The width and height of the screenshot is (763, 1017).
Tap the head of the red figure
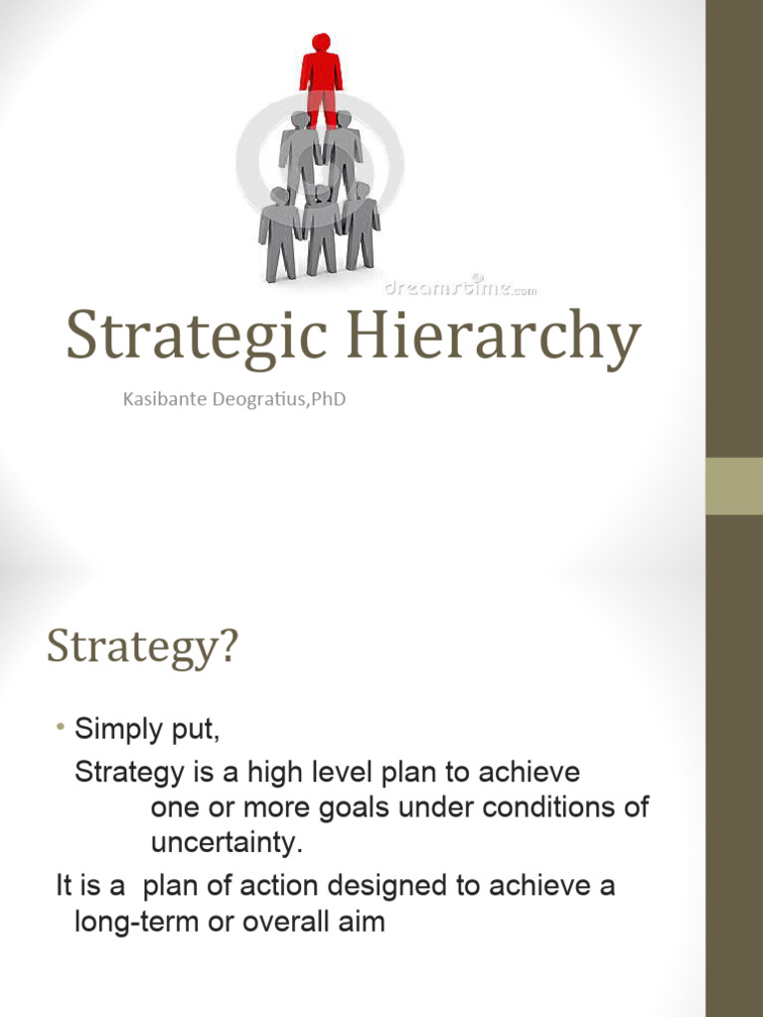tap(321, 42)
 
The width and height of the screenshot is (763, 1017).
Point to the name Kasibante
tap(164, 400)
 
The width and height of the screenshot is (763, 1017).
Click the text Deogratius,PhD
tap(277, 400)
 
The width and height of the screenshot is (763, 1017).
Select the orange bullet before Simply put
tap(61, 730)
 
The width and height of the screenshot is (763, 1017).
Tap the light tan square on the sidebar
tap(734, 486)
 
